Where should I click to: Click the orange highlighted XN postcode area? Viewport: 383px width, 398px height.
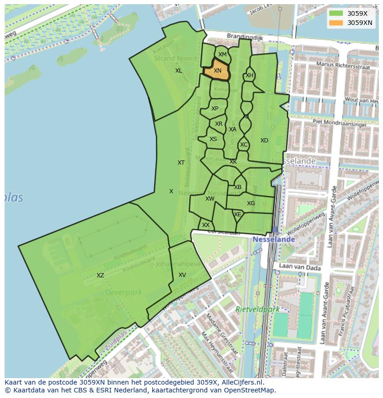(x=217, y=71)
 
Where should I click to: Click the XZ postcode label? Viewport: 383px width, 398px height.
(x=100, y=276)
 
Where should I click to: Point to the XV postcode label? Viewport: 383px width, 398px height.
(x=182, y=275)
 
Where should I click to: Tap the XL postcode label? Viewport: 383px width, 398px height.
(x=179, y=71)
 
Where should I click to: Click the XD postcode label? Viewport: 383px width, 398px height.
(x=264, y=141)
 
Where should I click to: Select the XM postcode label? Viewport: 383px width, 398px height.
(x=222, y=55)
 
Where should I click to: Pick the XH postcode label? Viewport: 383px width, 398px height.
(x=249, y=75)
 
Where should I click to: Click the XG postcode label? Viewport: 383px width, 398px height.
(x=251, y=203)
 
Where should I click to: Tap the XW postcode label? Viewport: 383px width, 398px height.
(x=210, y=199)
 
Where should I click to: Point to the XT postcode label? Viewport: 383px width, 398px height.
(x=181, y=163)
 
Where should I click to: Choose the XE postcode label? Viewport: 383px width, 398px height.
(x=238, y=214)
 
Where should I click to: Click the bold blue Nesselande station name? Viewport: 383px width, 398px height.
(x=273, y=239)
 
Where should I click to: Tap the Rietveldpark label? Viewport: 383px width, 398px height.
(x=258, y=309)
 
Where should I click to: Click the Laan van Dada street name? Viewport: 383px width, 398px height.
(x=295, y=267)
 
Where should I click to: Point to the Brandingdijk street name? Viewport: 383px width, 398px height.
(x=245, y=36)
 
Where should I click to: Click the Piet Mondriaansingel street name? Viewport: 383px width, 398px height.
(x=340, y=123)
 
